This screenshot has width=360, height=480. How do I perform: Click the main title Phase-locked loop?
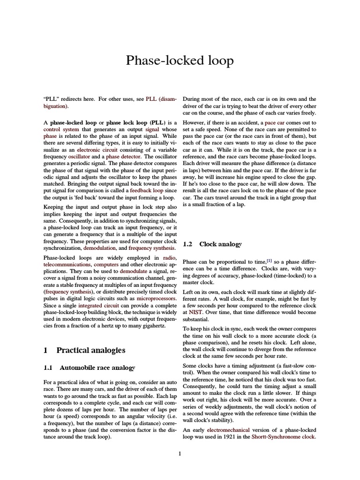point(180,61)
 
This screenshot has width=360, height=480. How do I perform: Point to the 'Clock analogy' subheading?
point(220,244)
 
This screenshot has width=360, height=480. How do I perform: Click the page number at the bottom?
point(180,453)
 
